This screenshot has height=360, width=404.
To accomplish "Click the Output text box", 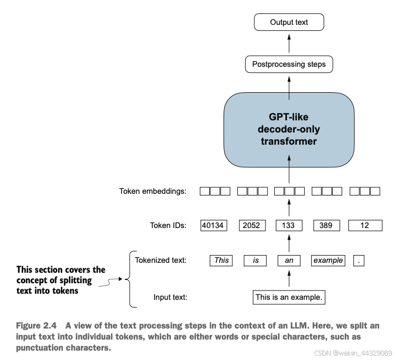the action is coord(289,22).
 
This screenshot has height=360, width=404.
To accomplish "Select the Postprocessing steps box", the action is coord(289,64).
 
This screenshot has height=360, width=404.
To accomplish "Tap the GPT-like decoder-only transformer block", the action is coord(289,130).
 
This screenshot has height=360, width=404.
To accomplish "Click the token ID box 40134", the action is coord(214,225).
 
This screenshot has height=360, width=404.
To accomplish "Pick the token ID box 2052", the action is coord(252,225).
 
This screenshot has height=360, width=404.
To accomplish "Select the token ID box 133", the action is coord(289,225).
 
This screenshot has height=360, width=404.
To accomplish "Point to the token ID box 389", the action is coord(326,225).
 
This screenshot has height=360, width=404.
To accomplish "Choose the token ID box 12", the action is coord(365,225).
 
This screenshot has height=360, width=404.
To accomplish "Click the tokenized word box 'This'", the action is coord(221,261).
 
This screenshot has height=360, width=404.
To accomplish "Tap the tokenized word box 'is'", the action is coord(255,261).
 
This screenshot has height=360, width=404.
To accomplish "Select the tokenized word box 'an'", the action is coord(289,261).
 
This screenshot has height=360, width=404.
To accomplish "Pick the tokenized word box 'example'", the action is coord(328,261).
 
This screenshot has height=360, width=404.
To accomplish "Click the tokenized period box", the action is coord(359,261).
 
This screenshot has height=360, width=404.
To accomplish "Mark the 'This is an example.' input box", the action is coord(289,298).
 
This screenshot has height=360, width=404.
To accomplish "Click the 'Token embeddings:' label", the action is coord(152,191).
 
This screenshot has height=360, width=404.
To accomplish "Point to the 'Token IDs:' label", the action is coord(168,225).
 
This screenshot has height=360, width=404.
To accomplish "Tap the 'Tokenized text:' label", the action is coord(160,260).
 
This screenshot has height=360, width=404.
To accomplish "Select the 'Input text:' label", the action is coord(170,298).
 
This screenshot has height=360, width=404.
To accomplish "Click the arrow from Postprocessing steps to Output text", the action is coord(289,43).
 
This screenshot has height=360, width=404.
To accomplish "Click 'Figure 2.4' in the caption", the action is coord(36,326).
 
